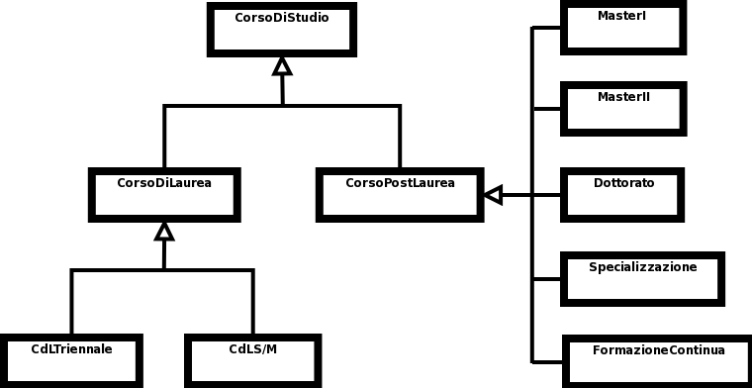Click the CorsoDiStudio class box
(282, 30)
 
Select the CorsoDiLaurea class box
(164, 194)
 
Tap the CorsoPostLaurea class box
(400, 194)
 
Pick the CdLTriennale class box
(71, 360)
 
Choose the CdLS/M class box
(252, 360)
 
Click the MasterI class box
(622, 28)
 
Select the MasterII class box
(622, 108)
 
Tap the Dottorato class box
(622, 194)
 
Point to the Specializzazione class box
(642, 278)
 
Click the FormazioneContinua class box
(658, 361)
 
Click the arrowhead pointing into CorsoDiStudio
(282, 66)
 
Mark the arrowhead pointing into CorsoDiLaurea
(164, 232)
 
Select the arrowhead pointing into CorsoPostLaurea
(493, 195)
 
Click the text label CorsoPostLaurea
(400, 183)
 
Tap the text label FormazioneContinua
(658, 350)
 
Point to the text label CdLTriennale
(71, 349)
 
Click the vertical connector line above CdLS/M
(252, 302)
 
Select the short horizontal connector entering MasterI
(547, 28)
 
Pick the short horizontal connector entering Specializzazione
(547, 278)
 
